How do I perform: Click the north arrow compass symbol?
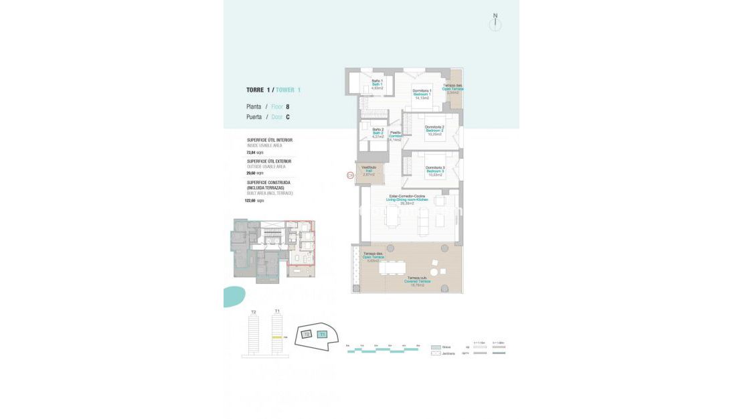coord(495,23)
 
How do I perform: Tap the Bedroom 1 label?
coord(422,94)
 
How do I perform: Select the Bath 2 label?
coord(378,133)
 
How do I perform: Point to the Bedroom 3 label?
coord(435,171)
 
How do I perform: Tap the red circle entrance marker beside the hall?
coord(349,175)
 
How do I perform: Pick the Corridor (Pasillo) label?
coord(396,136)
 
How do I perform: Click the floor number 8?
coord(288,106)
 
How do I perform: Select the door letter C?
coord(288,117)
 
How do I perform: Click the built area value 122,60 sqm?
coord(255,200)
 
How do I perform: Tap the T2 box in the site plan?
coord(307,333)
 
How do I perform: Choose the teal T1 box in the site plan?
coord(322,334)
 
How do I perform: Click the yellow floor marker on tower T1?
coord(276,337)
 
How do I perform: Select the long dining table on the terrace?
coord(392,268)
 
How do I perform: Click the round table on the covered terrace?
coord(434,272)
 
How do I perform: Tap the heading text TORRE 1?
coord(258,90)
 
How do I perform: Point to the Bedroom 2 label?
coord(434,130)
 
